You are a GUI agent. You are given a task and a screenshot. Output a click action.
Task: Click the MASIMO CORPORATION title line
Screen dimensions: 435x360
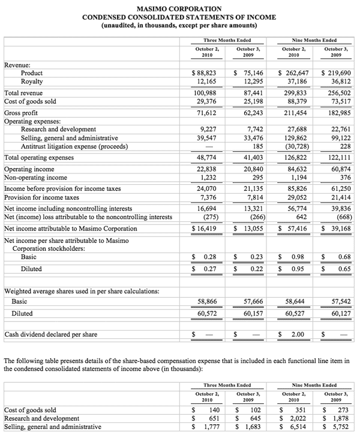click(179, 9)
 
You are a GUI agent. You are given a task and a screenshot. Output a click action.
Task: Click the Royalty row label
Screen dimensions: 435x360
click(31, 81)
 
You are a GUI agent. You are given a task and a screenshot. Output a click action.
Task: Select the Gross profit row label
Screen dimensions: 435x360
click(22, 113)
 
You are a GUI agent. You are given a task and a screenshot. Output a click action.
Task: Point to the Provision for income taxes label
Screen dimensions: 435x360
click(42, 197)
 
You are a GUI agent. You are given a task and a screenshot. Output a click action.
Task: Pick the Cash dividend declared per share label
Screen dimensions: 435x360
click(51, 334)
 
